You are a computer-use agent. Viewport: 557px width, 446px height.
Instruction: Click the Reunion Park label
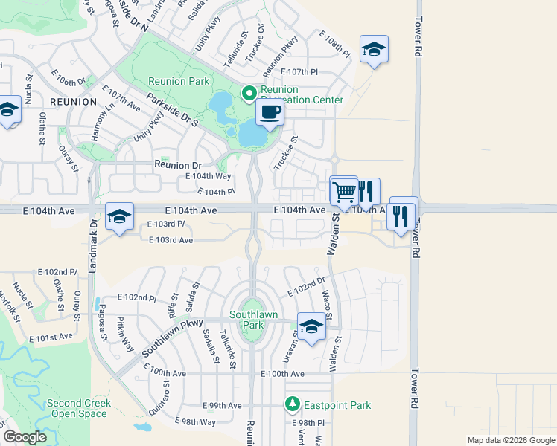pyautogui.click(x=178, y=81)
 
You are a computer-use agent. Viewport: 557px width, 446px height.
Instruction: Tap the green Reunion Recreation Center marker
pyautogui.click(x=249, y=94)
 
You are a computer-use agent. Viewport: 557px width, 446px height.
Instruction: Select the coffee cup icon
pyautogui.click(x=270, y=113)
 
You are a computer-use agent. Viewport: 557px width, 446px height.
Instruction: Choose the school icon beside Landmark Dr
pyautogui.click(x=119, y=216)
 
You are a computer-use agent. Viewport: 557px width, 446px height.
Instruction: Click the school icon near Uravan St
pyautogui.click(x=311, y=326)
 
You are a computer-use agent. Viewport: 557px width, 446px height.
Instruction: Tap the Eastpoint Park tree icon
pyautogui.click(x=293, y=404)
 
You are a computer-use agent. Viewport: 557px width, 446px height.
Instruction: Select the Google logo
pyautogui.click(x=24, y=437)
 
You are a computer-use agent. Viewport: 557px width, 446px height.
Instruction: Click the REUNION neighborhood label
pyautogui.click(x=73, y=101)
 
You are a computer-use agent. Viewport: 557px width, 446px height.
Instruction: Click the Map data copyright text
pyautogui.click(x=511, y=439)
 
